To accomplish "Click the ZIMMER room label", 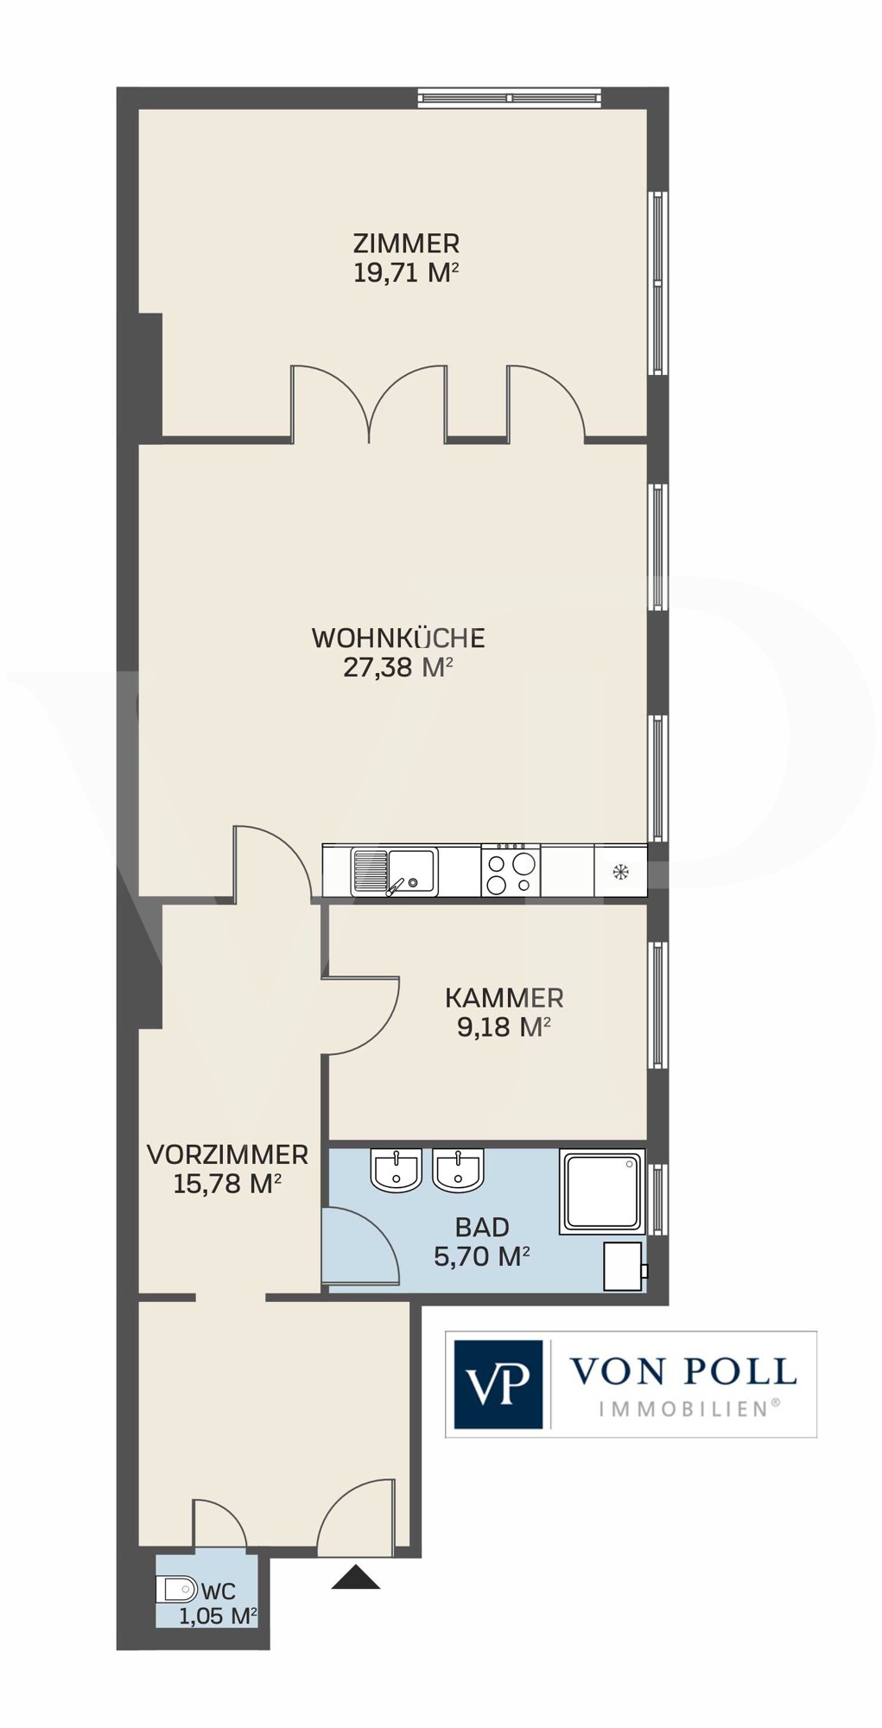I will [405, 243].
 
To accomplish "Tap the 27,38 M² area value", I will [398, 668].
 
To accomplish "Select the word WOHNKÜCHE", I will [398, 638].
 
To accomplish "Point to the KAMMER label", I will [504, 998].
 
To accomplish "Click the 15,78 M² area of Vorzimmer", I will [227, 1184].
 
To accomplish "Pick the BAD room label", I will [482, 1227].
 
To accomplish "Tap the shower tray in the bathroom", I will [603, 1191].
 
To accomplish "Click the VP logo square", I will [498, 1384].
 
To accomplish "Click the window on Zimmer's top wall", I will [509, 98].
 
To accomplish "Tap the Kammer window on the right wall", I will [658, 1006].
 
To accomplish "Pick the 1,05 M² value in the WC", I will [218, 1617].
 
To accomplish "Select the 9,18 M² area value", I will [504, 1027].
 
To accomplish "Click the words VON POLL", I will [682, 1371].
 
